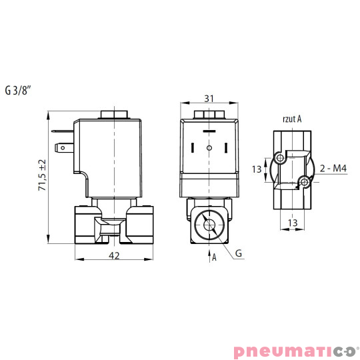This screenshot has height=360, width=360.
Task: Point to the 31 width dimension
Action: click(x=209, y=99)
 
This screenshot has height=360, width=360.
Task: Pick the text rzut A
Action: click(x=291, y=119)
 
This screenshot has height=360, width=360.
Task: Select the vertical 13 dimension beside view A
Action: click(x=257, y=169)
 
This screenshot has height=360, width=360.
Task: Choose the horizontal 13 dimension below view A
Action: click(x=291, y=222)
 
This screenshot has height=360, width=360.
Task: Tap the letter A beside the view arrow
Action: click(x=215, y=257)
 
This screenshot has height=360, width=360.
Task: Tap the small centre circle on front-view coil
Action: click(x=209, y=147)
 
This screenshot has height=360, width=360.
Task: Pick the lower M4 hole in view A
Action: click(x=304, y=182)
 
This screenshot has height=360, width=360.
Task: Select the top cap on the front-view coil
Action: click(x=209, y=115)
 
